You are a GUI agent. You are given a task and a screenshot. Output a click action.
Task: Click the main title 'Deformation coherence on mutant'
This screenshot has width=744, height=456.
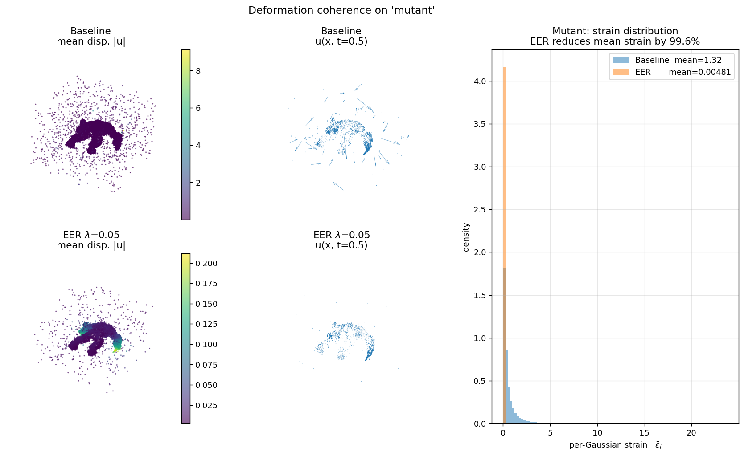pyautogui.click(x=341, y=10)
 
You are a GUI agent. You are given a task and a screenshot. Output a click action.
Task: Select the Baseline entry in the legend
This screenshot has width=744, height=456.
pyautogui.click(x=655, y=60)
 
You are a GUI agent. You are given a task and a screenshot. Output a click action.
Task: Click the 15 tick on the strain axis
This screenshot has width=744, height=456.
pyautogui.click(x=644, y=433)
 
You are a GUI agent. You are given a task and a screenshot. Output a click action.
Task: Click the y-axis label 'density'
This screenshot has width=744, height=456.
pyautogui.click(x=466, y=237)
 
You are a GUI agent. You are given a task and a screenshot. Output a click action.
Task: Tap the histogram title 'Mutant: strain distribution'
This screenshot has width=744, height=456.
pyautogui.click(x=615, y=31)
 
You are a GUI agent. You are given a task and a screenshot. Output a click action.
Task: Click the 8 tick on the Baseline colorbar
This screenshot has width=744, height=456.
pyautogui.click(x=198, y=71)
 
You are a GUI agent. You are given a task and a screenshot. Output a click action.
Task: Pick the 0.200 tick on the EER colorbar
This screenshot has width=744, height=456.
pyautogui.click(x=206, y=264)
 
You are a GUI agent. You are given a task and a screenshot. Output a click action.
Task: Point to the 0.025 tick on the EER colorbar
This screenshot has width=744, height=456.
pyautogui.click(x=206, y=405)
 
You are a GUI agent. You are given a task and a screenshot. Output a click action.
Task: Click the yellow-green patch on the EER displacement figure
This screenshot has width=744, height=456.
pyautogui.click(x=117, y=346)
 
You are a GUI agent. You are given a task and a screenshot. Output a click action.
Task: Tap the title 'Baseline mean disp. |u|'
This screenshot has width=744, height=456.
pyautogui.click(x=90, y=36)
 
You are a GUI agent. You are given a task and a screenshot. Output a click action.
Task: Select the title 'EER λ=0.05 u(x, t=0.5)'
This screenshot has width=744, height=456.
pyautogui.click(x=341, y=240)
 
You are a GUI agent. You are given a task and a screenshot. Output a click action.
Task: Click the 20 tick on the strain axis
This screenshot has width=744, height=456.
pyautogui.click(x=691, y=433)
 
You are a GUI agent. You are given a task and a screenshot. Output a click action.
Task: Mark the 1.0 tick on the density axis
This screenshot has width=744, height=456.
pyautogui.click(x=480, y=338)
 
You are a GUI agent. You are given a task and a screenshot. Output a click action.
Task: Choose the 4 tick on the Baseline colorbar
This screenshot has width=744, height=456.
pyautogui.click(x=198, y=146)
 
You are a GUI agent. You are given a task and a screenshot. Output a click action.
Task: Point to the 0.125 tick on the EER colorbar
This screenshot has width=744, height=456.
pyautogui.click(x=206, y=324)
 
